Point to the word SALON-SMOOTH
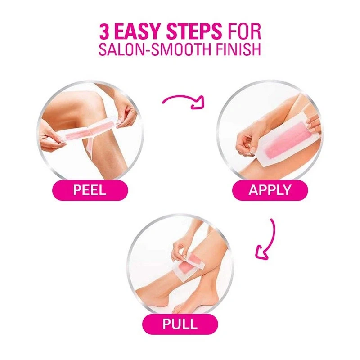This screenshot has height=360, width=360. pos(154,49)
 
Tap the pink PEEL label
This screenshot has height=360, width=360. pos(90,190)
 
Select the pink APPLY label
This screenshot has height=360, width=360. pos(270,190)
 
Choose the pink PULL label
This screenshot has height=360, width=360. pos(180,324)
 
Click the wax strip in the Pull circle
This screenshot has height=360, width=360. pos(188,266)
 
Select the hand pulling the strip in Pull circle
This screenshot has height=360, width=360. pos(181,249)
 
